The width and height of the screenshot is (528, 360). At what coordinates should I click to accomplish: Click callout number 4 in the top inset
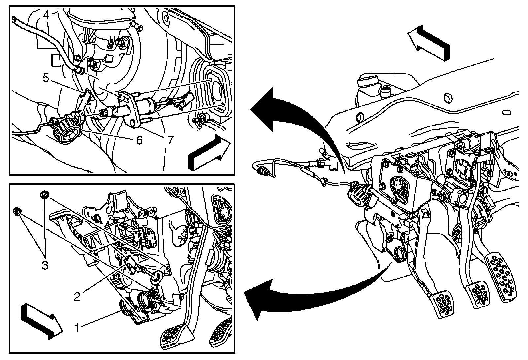pos(46,15)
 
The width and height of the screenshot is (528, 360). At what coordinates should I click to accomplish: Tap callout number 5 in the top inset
pos(46,78)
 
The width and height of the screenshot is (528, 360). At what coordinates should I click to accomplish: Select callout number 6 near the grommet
pos(139,140)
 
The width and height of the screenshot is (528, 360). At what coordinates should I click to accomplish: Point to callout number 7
pos(170,140)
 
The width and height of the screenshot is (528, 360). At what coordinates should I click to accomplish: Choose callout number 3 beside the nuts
pos(45,265)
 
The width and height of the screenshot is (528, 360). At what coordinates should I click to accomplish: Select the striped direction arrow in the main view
pos(428,43)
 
